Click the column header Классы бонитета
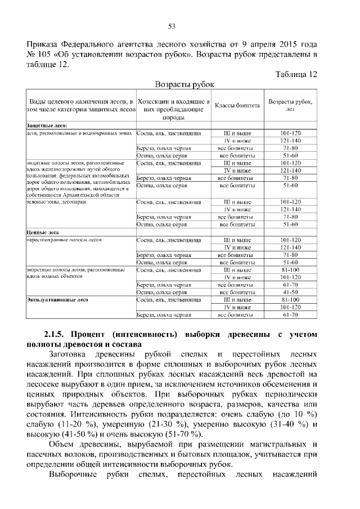coord(237,105)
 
